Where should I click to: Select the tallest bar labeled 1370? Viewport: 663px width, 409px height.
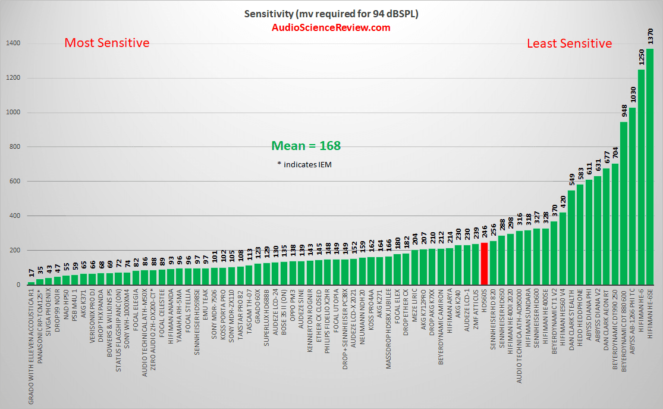pos(650,167)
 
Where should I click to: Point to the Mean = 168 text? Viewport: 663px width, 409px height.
pos(306,145)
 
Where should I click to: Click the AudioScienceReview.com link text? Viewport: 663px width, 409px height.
pos(331,27)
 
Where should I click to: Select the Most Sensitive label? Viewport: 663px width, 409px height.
pos(107,43)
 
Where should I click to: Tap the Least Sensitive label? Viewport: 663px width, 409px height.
pos(569,43)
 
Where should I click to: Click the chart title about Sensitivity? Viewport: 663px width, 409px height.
pos(331,14)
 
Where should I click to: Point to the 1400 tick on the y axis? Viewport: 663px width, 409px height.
pos(13,43)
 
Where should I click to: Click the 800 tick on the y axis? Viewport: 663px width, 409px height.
pos(15,147)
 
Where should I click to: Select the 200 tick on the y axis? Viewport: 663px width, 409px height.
pos(15,251)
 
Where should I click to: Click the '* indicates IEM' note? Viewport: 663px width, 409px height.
pos(305,164)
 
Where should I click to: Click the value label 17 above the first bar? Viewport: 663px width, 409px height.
pos(31,273)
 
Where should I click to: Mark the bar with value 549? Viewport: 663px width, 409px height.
pos(571,238)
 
